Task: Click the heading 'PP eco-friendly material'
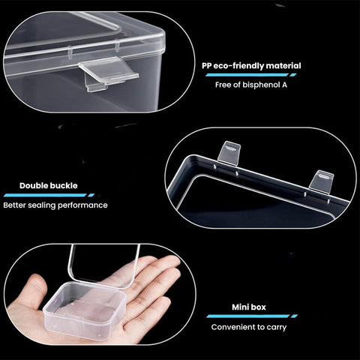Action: [x=251, y=66]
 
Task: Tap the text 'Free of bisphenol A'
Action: [x=251, y=85]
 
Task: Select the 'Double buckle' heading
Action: [x=49, y=185]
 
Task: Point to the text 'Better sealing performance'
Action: [x=55, y=205]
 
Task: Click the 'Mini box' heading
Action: [x=249, y=307]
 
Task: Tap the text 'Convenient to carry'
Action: [x=249, y=327]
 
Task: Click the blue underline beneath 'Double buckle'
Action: [x=49, y=195]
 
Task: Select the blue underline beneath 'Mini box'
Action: [x=252, y=316]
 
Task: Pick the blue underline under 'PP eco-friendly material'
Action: [x=251, y=75]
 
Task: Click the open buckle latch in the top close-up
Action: [x=109, y=73]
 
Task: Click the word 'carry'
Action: [x=277, y=328]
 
